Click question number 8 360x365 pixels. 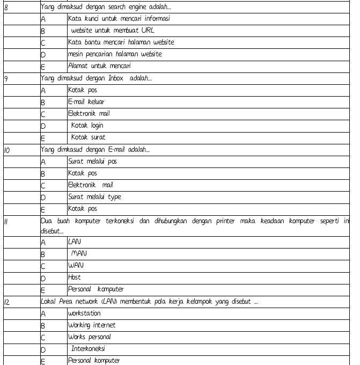pos(6,7)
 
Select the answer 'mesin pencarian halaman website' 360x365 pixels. pos(115,54)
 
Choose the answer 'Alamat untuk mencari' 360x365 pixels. pos(99,65)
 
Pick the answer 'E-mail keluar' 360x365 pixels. pos(86,101)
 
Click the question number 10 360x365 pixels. pos(7,149)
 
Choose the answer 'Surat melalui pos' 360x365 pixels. pos(92,161)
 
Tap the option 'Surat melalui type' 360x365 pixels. pos(94,196)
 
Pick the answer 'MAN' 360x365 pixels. pos(79,254)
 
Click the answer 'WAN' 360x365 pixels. pos(76,266)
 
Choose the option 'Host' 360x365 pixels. pos(74,278)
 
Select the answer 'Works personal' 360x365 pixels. pos(89,337)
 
